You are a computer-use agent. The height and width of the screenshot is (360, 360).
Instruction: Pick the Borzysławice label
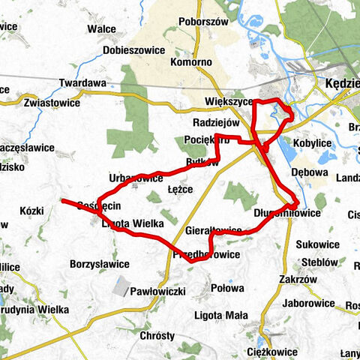coord(100,264)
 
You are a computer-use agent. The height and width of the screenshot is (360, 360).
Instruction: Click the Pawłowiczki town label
coord(157,291)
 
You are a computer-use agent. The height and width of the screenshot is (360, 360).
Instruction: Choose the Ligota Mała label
coord(215,314)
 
